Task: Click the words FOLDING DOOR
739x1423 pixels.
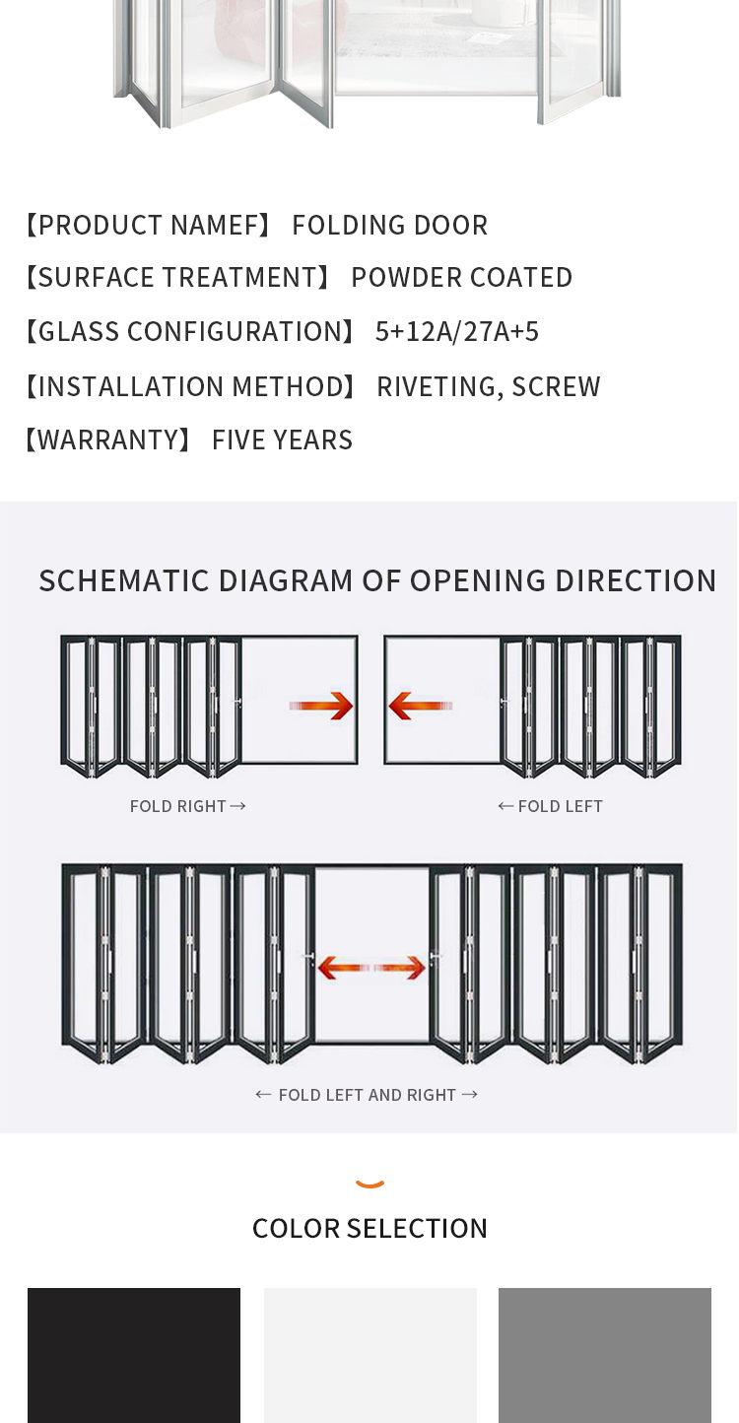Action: pos(389,226)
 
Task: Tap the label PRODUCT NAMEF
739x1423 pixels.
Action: pos(147,226)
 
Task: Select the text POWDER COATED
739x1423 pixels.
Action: pos(461,278)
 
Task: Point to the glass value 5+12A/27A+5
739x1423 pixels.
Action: pos(457,332)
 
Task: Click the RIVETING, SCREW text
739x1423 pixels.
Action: pos(488,387)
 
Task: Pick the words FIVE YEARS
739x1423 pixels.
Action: pos(282,440)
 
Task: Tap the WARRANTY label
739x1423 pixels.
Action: pos(107,440)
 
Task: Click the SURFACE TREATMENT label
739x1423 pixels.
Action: pos(176,278)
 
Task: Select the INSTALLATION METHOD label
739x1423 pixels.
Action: pos(189,387)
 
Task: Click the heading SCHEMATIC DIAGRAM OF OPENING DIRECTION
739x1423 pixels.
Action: pos(377,580)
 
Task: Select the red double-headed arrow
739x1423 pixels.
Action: pos(370,968)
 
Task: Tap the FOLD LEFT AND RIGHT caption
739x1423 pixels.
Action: pos(367,1095)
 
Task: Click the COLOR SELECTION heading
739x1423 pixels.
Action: pos(369,1229)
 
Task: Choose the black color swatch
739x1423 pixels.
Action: pos(134,1354)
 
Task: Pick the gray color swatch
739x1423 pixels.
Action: pos(604,1354)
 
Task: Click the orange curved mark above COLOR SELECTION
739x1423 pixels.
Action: pos(369,1184)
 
